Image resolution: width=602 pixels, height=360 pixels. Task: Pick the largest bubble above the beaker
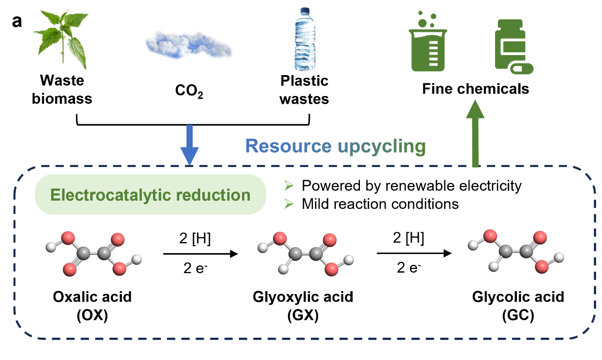[x=423, y=23]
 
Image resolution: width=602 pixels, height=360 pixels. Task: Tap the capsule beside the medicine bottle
[x=521, y=69]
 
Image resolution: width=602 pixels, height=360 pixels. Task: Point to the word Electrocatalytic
[x=107, y=195]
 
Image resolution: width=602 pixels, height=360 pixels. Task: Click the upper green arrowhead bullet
[x=288, y=185]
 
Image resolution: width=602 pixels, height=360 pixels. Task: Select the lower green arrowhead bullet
[x=288, y=204]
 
